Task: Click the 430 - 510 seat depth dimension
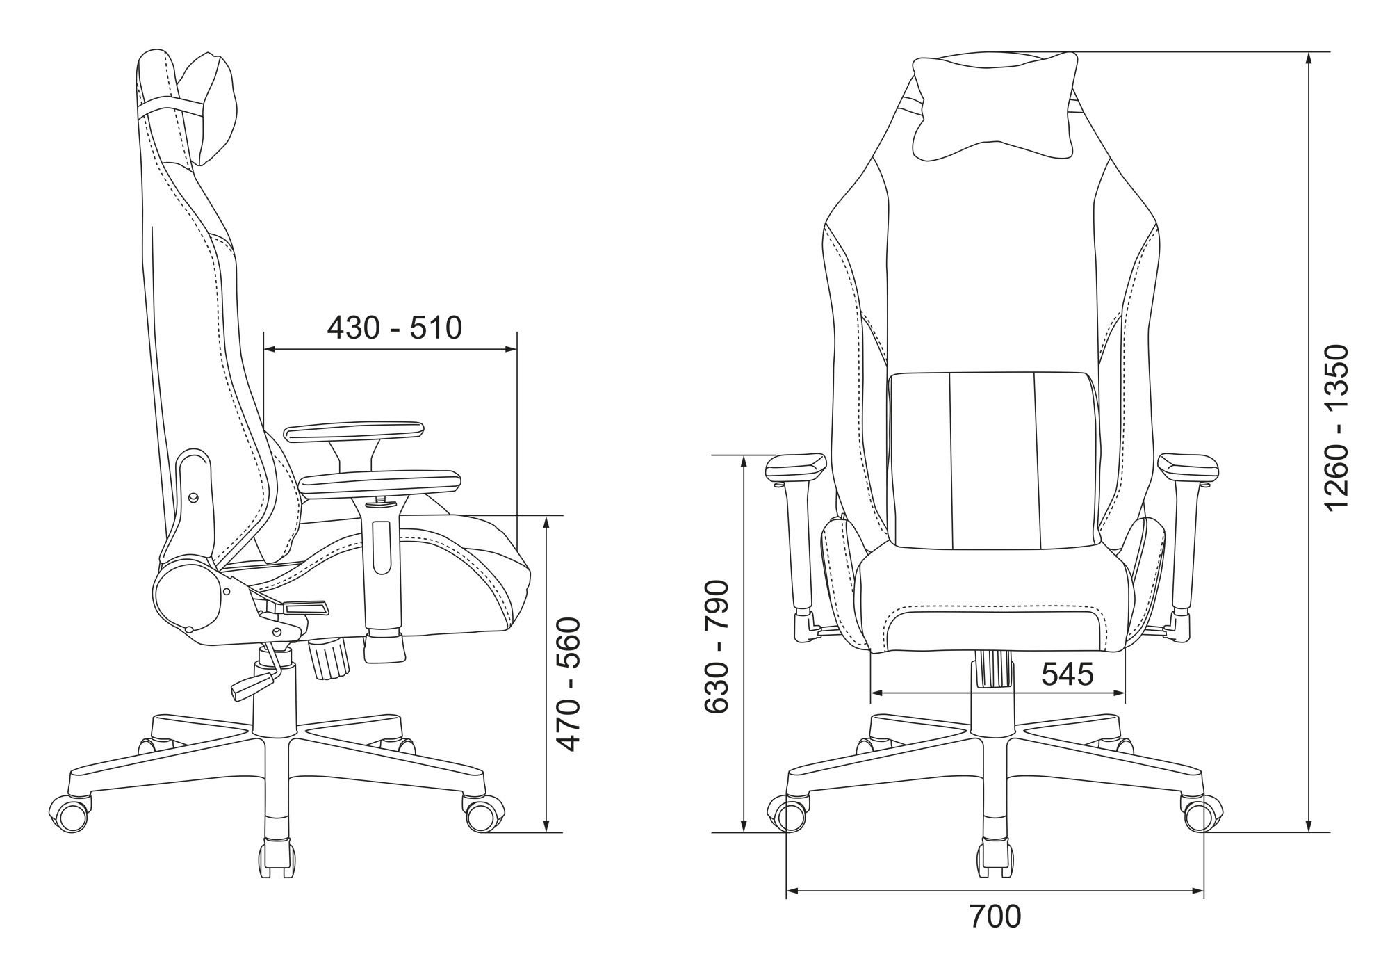click(x=394, y=328)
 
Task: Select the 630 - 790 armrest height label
click(x=717, y=647)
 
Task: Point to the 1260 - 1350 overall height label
click(x=1336, y=428)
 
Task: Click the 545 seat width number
click(x=1068, y=673)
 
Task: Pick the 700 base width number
click(x=995, y=916)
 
